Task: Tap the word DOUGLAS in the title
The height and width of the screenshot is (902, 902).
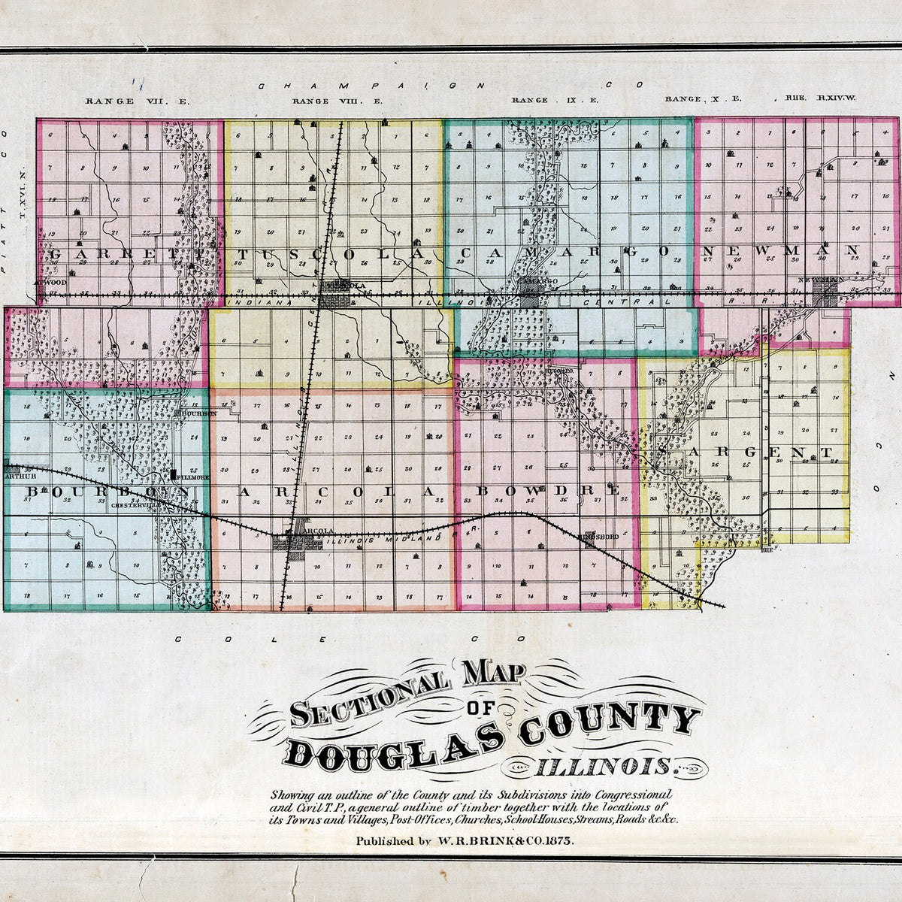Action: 391,743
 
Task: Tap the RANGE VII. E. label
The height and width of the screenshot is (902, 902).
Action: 117,100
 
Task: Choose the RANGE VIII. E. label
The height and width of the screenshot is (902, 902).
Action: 328,100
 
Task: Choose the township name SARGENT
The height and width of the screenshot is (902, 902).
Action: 744,453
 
